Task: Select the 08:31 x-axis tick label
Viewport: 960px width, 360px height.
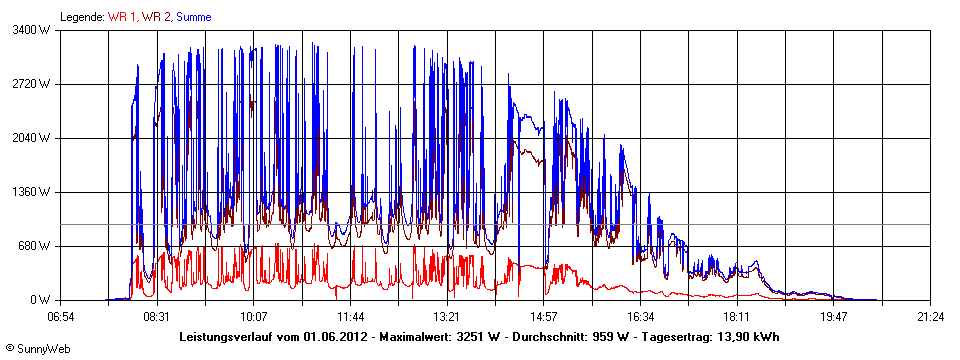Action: pyautogui.click(x=157, y=317)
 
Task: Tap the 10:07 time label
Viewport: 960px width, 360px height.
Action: pyautogui.click(x=254, y=317)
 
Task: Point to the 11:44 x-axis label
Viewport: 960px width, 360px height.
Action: pyautogui.click(x=351, y=317)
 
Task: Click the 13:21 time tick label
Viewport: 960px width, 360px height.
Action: pyautogui.click(x=447, y=317)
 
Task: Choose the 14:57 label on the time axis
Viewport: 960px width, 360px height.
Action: pyautogui.click(x=544, y=317)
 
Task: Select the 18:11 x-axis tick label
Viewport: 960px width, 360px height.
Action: pyautogui.click(x=737, y=317)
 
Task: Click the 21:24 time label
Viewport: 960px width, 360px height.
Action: pyautogui.click(x=930, y=317)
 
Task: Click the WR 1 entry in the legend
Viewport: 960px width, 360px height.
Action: pyautogui.click(x=124, y=17)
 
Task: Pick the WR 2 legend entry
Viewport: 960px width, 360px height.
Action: pyautogui.click(x=156, y=17)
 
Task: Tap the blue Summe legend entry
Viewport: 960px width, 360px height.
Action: pyautogui.click(x=194, y=17)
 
